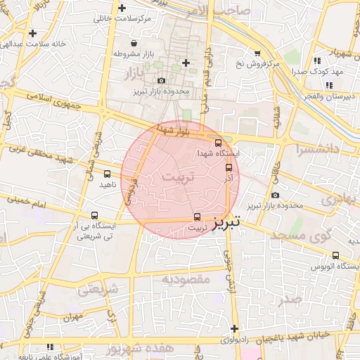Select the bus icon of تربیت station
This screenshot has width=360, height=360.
tap(197, 217)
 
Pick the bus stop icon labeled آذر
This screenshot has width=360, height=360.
tap(229, 167)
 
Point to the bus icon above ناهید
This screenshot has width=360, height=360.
tap(107, 174)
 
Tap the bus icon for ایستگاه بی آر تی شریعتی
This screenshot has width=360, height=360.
tap(94, 216)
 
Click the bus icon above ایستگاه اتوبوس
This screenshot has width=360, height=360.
tap(335, 256)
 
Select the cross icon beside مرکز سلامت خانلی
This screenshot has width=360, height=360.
tap(123, 8)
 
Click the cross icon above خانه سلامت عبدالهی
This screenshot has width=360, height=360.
tap(32, 32)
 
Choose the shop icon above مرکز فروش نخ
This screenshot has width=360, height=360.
tap(257, 53)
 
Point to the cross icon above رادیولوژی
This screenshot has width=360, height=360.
tap(234, 328)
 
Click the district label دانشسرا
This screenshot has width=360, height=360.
tap(319, 150)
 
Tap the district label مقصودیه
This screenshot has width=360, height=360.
tap(186, 279)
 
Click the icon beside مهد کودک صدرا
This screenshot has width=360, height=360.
tap(318, 61)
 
